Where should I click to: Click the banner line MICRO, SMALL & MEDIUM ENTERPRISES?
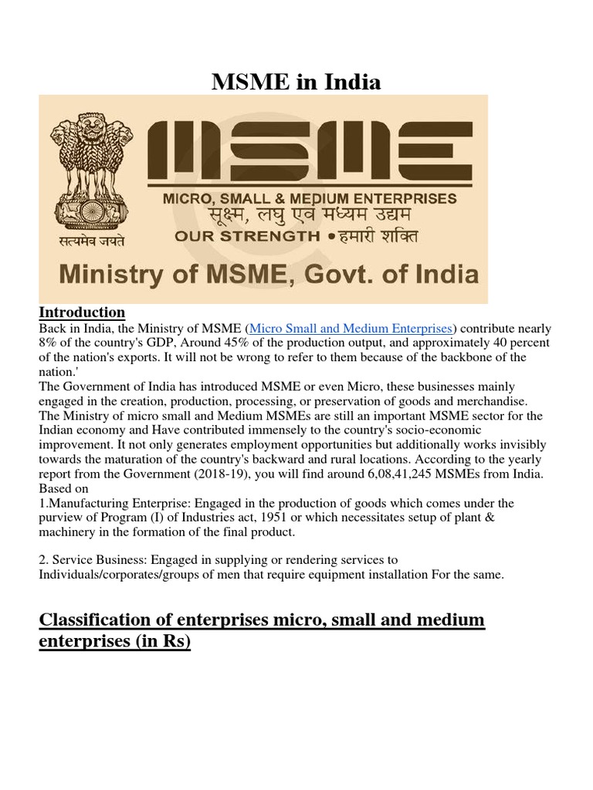click(309, 198)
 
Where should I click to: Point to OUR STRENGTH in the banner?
click(246, 236)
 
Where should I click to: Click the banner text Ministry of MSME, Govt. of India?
click(269, 275)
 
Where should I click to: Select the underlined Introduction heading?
click(82, 312)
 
